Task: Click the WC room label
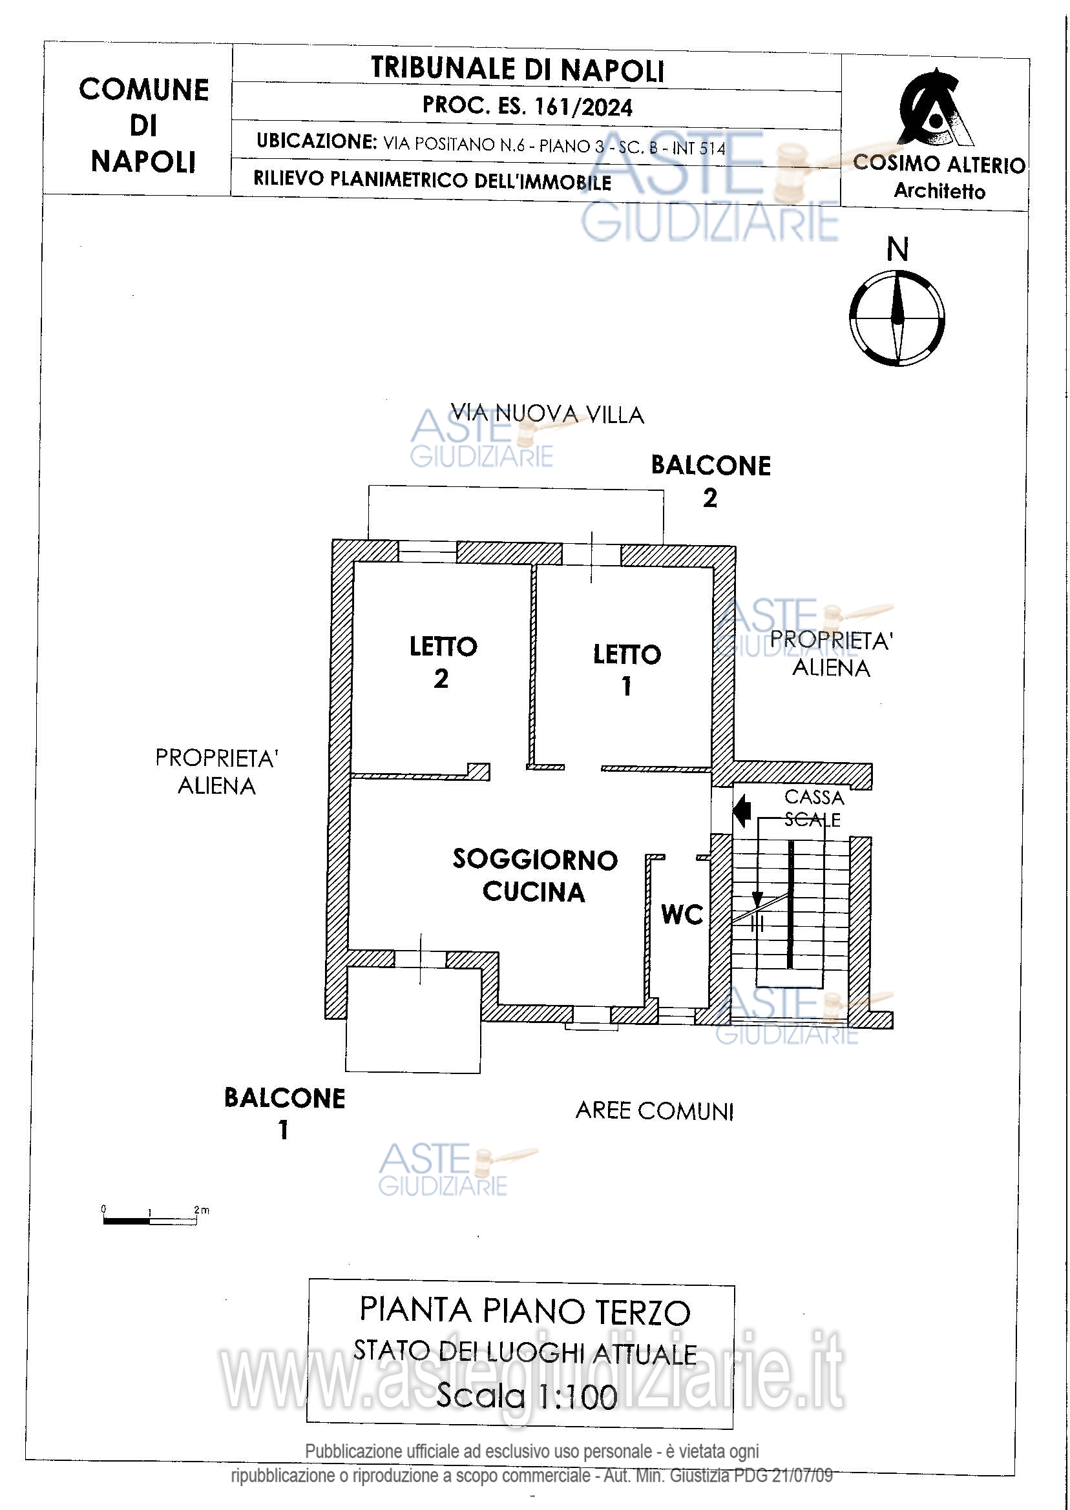pos(682,914)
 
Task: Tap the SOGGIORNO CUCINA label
pos(534,875)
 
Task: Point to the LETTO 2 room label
pos(443,662)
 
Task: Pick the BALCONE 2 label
pos(710,481)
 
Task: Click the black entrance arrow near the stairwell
pos(742,810)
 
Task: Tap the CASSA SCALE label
pos(813,808)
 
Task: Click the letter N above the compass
pos(897,249)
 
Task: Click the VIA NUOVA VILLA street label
pos(547,413)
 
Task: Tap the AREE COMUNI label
pos(655,1111)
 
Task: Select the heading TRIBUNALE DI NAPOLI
pos(517,69)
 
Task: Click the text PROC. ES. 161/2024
pos(527,106)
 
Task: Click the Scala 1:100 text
pos(527,1396)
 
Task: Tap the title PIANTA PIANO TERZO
pos(525,1310)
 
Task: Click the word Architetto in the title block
pos(939,191)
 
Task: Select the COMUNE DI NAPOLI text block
pos(143,125)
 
